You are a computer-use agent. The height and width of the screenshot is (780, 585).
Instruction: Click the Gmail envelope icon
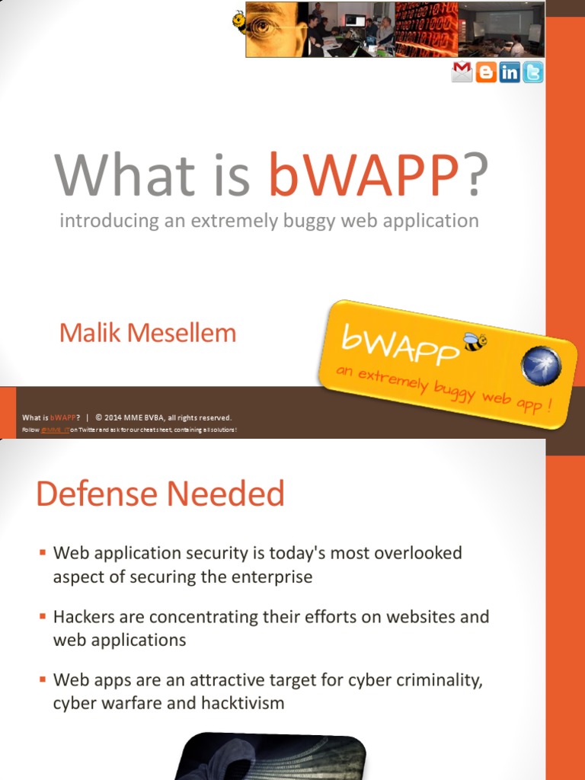pos(462,72)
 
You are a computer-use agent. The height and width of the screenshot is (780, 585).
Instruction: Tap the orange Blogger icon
pos(486,72)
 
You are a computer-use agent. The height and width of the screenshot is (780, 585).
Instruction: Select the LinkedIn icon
pos(510,72)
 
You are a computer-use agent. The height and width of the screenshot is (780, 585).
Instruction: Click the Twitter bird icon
pos(533,72)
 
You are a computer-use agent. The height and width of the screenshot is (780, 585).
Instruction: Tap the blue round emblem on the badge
pos(541,366)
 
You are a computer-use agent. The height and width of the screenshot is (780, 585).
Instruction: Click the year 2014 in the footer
pos(112,417)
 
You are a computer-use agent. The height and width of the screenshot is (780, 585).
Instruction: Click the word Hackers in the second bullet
pos(83,616)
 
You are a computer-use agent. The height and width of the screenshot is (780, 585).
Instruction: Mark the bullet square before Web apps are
pos(43,679)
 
